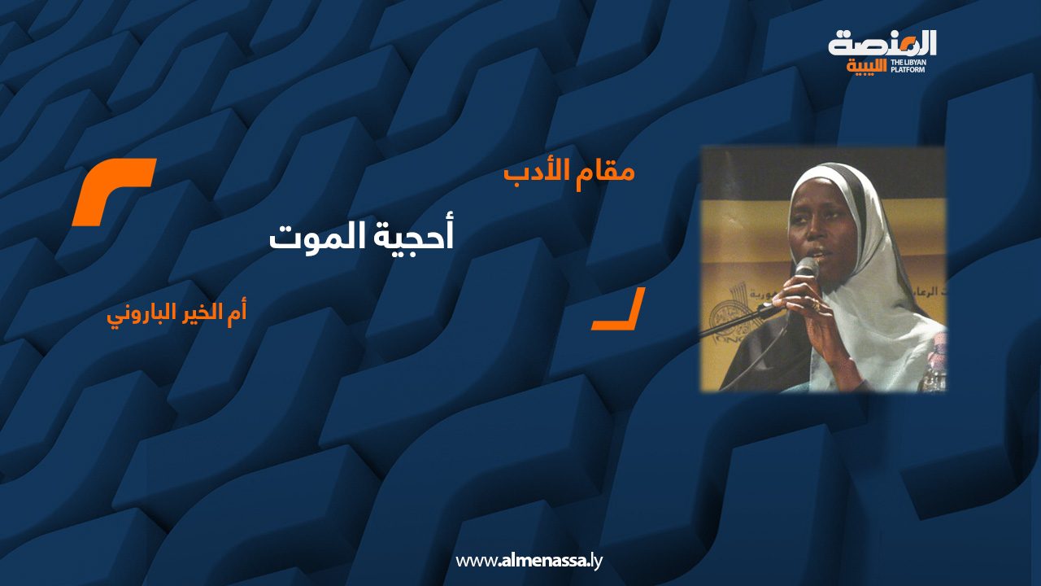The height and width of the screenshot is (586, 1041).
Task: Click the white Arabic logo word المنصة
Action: [882, 45]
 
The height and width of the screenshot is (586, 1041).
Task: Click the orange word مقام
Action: [606, 172]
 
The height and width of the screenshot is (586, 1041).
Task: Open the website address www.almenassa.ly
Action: [529, 561]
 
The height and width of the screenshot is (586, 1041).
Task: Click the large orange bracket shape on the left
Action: [113, 190]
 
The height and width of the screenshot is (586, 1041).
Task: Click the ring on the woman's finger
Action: [815, 304]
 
